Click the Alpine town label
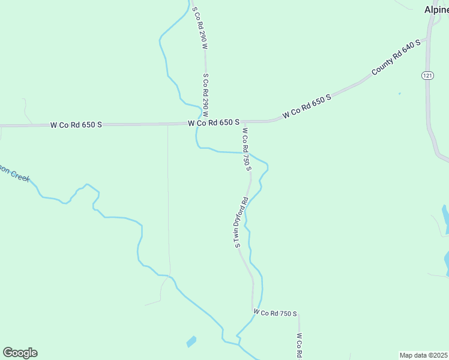(436, 9)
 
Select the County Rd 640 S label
(396, 57)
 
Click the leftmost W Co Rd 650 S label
(76, 125)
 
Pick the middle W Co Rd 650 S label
(214, 122)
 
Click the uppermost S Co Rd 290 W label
(199, 27)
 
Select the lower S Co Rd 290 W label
(205, 95)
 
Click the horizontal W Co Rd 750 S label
(276, 313)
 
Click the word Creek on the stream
(14, 173)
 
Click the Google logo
(20, 353)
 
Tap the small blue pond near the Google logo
(191, 341)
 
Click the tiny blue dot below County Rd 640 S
(399, 94)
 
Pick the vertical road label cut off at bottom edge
(298, 347)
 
